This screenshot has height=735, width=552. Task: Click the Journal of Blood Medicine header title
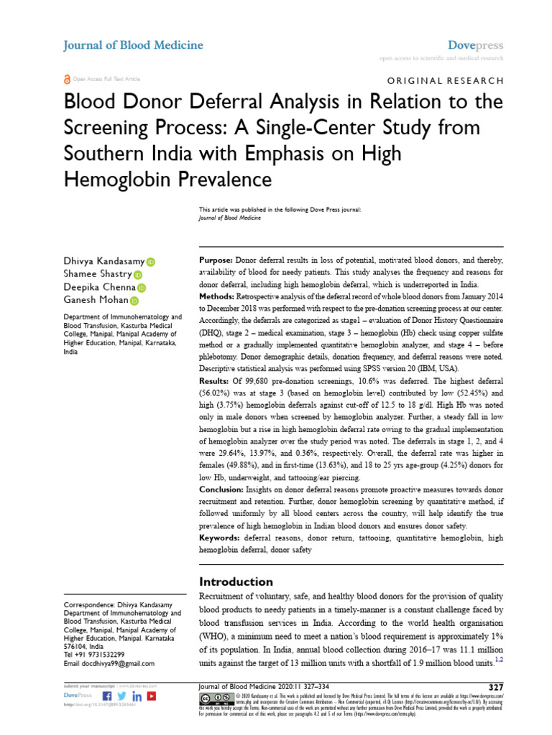(134, 45)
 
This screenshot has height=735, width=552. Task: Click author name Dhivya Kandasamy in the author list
(105, 261)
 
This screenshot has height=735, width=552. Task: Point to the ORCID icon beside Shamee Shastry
(138, 275)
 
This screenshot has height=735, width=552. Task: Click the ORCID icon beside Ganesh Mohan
(134, 301)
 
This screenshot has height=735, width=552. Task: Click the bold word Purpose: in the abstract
(215, 260)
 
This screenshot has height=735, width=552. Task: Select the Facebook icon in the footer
(108, 696)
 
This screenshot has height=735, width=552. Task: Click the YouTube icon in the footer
(152, 696)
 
